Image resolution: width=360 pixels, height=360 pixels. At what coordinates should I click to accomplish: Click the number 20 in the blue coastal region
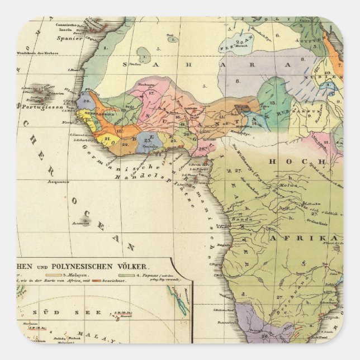[x=87, y=102]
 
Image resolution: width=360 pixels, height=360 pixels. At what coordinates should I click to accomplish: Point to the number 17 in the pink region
[x=151, y=93]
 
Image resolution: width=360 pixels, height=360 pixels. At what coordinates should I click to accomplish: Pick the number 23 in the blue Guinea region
[x=148, y=141]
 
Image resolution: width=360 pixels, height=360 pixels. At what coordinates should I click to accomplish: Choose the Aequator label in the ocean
[x=58, y=182]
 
